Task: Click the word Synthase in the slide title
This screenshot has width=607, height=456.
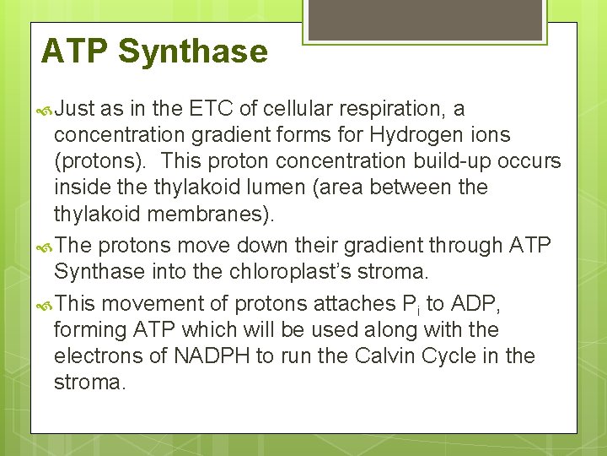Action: click(x=193, y=52)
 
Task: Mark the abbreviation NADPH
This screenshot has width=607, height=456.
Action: click(x=212, y=356)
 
